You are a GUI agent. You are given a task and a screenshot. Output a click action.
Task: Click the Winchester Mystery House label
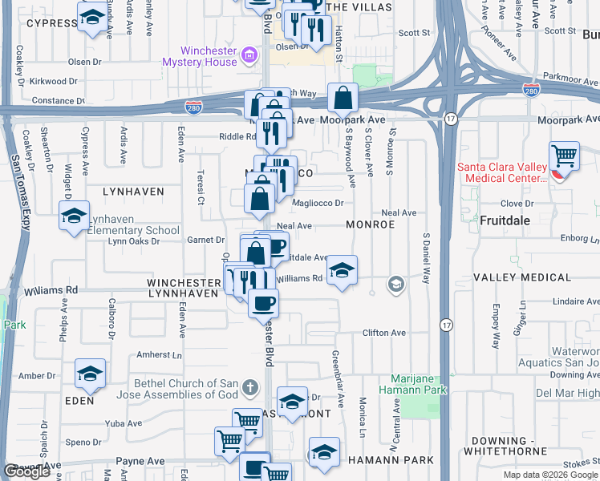pyautogui.click(x=200, y=56)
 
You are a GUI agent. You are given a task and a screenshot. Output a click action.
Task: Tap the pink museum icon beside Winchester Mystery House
pyautogui.click(x=249, y=55)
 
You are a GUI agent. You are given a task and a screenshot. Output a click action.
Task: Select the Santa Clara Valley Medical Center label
pyautogui.click(x=502, y=172)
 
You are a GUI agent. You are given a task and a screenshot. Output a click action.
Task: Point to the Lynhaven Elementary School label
pyautogui.click(x=133, y=224)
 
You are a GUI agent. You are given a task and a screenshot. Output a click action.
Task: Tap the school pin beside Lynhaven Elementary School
pyautogui.click(x=74, y=216)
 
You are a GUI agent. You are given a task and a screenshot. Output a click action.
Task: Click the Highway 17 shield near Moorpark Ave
pyautogui.click(x=450, y=119)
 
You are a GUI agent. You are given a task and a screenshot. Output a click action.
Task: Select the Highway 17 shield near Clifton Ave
pyautogui.click(x=445, y=325)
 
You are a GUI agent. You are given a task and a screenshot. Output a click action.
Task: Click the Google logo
pyautogui.click(x=27, y=472)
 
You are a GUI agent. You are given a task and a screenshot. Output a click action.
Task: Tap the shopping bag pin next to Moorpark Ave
pyautogui.click(x=343, y=99)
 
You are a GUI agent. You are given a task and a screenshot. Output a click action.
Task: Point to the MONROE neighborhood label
pyautogui.click(x=370, y=225)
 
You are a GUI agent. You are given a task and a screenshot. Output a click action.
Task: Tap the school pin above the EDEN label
pyautogui.click(x=90, y=373)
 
